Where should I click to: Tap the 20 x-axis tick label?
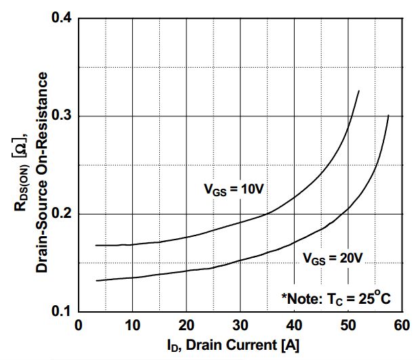pyautogui.click(x=186, y=325)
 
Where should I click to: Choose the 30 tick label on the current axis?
pyautogui.click(x=240, y=325)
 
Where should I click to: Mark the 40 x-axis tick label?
pyautogui.click(x=295, y=325)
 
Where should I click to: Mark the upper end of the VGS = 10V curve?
pyautogui.click(x=358, y=91)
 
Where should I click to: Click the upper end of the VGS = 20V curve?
pyautogui.click(x=388, y=116)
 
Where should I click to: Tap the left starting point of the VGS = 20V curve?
pyautogui.click(x=96, y=280)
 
